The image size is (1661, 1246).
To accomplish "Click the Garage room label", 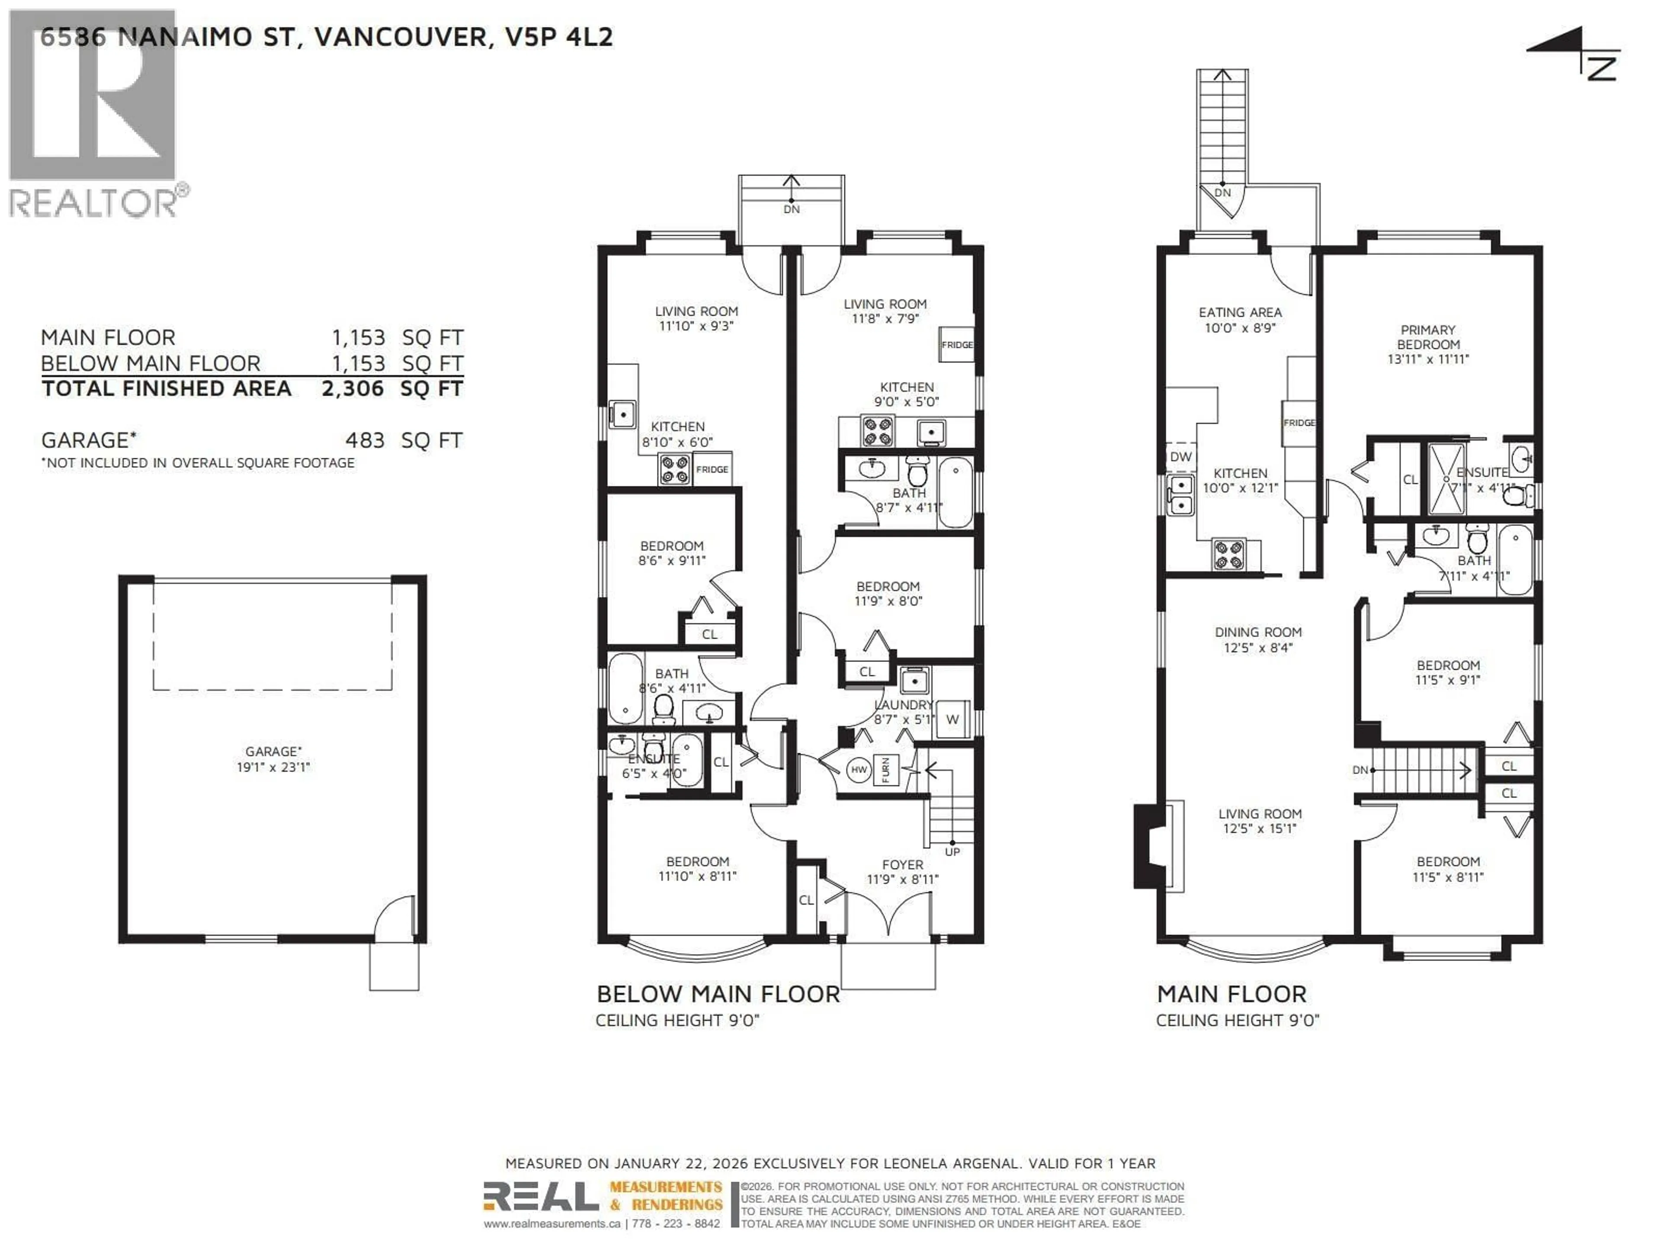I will [273, 758].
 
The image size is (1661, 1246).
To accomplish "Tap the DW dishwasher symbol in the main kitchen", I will [1180, 456].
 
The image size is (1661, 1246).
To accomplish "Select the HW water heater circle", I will [858, 770].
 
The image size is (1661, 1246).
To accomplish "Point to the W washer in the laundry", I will [952, 719].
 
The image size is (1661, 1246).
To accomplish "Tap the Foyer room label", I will [903, 872].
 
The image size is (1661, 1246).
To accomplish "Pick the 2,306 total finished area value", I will [352, 389].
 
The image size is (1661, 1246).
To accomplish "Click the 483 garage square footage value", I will [365, 440].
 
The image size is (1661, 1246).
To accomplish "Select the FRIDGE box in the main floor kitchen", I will [1299, 423].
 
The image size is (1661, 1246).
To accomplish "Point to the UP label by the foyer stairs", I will [952, 852].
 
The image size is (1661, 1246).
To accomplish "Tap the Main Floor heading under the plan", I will [1231, 994].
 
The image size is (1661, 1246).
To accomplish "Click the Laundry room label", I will [903, 711].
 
